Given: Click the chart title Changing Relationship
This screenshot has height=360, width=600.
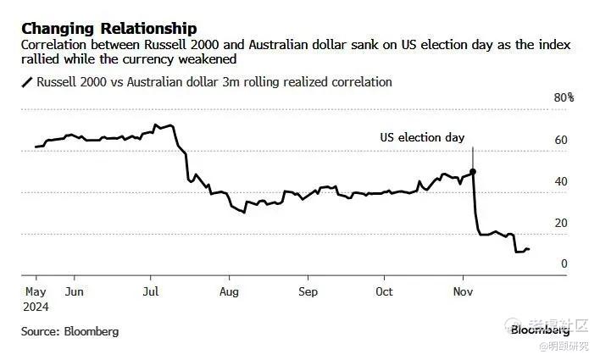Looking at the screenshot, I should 109,29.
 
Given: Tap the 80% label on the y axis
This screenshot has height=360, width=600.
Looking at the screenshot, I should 564,97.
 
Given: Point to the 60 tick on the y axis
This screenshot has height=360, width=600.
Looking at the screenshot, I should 560,139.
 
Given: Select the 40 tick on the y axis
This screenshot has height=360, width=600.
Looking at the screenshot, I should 560,181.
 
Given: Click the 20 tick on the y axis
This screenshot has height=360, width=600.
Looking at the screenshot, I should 560,223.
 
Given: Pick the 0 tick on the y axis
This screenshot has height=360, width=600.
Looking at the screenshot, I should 564,264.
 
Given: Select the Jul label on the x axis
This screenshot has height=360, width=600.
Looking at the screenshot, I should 151,291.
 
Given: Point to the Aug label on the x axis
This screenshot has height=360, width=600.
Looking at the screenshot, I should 229,291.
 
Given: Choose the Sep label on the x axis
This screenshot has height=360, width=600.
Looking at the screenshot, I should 308,291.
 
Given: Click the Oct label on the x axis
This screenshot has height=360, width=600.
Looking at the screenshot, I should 384,291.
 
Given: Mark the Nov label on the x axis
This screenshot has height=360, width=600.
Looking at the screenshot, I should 463,291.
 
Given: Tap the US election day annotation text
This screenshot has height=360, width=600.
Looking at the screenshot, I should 421,137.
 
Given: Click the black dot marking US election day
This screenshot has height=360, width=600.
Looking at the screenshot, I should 472,171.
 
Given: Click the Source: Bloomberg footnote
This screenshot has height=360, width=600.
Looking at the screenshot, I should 70,331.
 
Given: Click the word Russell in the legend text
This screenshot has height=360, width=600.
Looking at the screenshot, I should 58,82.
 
